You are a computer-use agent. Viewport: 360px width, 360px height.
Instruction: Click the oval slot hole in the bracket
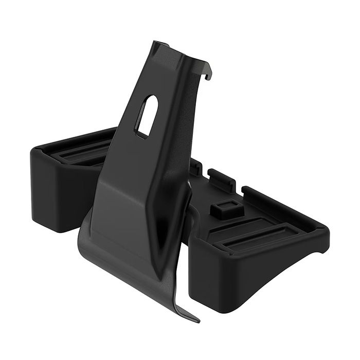[x=147, y=116]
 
